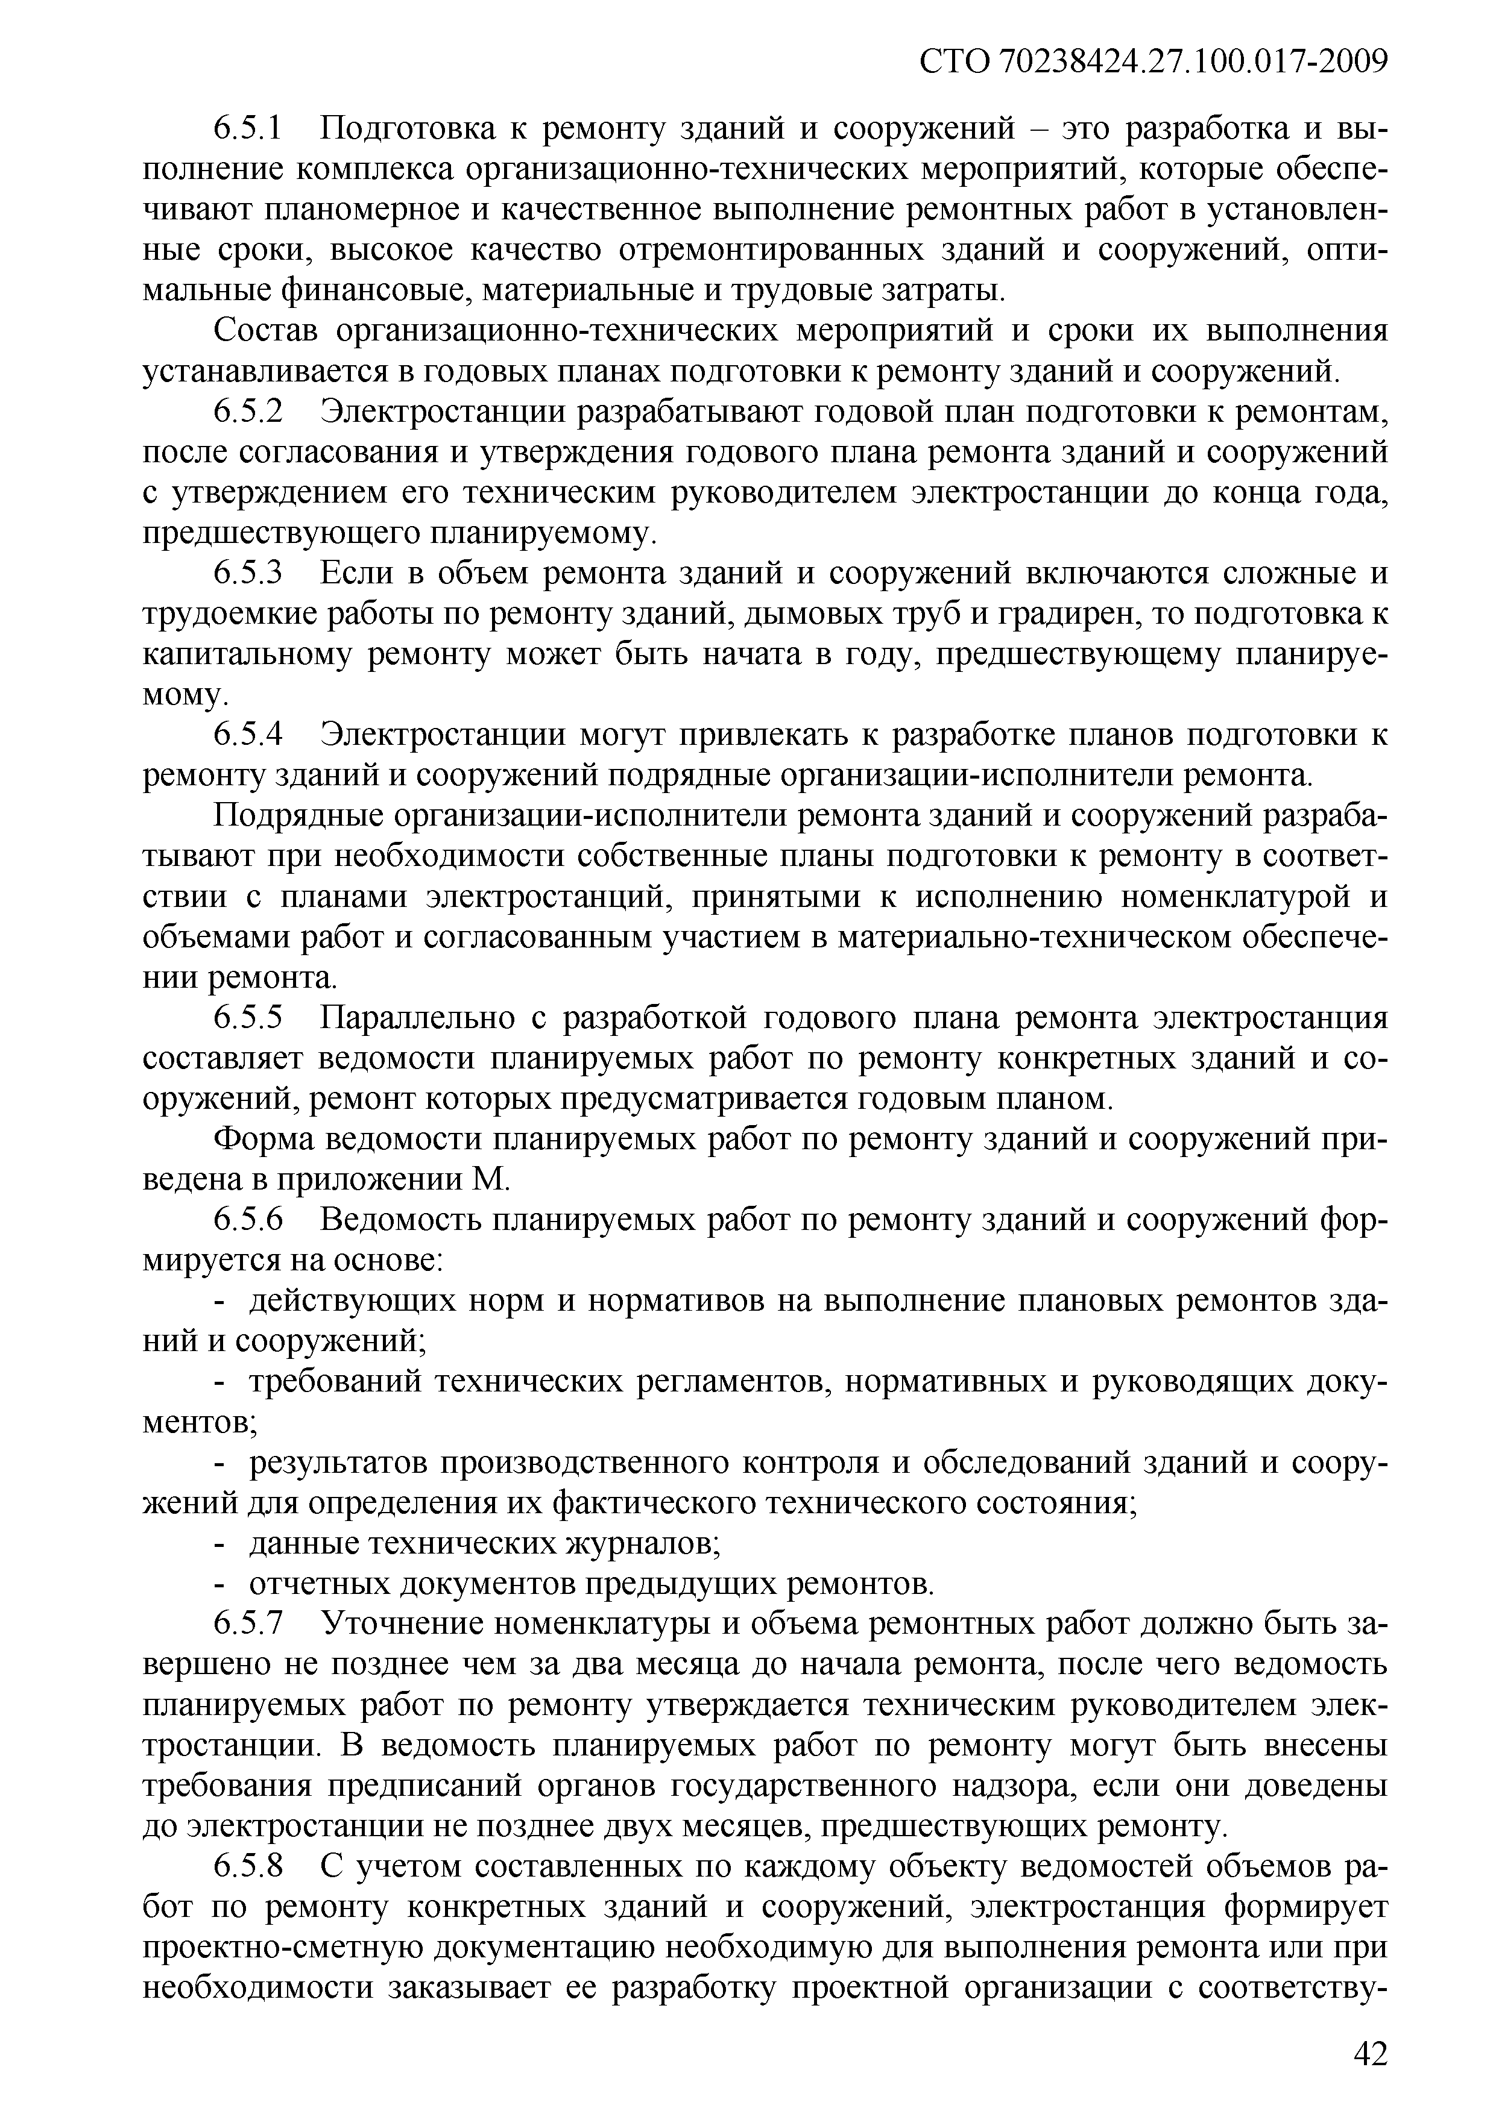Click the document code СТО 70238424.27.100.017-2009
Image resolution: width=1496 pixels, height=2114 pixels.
coord(1154,61)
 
